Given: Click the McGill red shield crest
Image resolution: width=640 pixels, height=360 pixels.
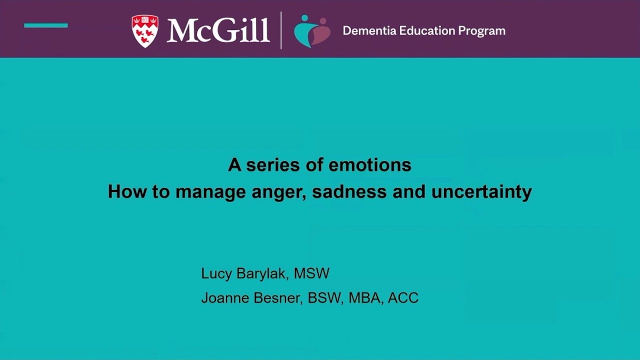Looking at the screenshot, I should (144, 30).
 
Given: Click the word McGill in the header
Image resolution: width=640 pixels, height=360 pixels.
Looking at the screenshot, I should (218, 30).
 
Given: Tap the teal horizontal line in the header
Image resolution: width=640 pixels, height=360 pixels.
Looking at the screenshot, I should (46, 25).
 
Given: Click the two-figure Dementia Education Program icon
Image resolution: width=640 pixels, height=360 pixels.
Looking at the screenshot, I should (312, 31).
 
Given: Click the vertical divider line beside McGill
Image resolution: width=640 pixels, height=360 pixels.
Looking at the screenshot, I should (281, 30).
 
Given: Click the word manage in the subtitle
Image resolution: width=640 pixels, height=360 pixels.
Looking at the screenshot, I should (205, 192).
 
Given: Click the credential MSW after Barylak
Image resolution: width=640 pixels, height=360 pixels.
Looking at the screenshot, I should (312, 273).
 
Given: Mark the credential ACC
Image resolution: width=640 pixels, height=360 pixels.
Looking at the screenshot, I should (403, 298).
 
